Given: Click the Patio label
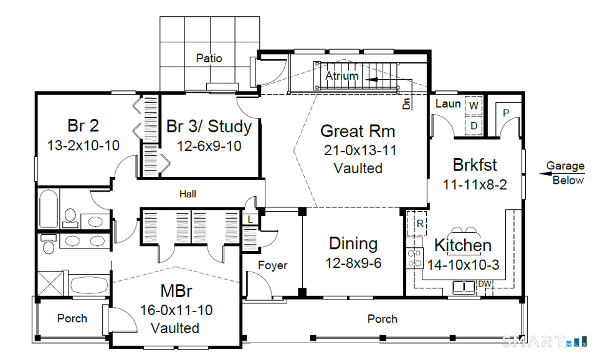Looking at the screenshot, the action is (x=209, y=58).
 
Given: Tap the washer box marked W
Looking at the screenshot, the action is (x=474, y=105).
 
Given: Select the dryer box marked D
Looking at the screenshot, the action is (x=474, y=125).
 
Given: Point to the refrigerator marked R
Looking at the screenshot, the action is (x=417, y=222).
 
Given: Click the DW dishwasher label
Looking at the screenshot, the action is (x=485, y=284).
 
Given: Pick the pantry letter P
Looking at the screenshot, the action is (x=506, y=113).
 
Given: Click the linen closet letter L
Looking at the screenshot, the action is (x=250, y=220).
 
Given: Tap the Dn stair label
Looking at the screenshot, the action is (x=406, y=103).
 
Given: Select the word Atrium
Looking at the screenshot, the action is (x=342, y=76).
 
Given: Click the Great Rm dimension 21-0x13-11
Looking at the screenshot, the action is (x=360, y=150).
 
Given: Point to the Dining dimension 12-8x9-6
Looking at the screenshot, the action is (x=353, y=263).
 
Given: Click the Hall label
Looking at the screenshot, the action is (x=188, y=194).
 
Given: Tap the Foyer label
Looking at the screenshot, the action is (x=272, y=265).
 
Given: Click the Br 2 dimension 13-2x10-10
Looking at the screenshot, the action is (x=83, y=145).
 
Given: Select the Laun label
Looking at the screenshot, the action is (x=448, y=103).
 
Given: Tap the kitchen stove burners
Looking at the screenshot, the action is (x=414, y=258).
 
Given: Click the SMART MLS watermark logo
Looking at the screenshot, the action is (x=544, y=341).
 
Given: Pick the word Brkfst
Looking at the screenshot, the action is (x=475, y=165).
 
